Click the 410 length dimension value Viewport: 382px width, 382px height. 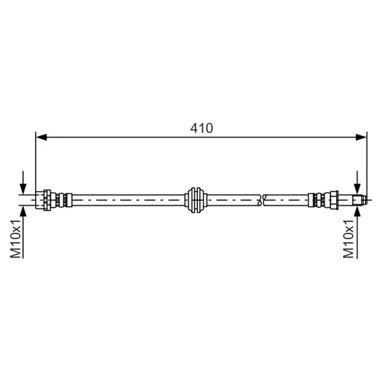click(202, 128)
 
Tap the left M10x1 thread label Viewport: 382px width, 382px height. click(15, 238)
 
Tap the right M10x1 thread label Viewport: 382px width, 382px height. click(349, 238)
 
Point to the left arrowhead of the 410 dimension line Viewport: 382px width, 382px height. click(41, 138)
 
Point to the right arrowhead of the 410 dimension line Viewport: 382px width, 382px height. click(361, 138)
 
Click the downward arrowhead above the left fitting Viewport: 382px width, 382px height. click(23, 189)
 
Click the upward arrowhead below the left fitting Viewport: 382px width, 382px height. click(23, 212)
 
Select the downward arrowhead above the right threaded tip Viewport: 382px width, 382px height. click(358, 189)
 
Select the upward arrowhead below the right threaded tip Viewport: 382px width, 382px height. click(358, 212)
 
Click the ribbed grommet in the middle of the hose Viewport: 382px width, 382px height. click(196, 200)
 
